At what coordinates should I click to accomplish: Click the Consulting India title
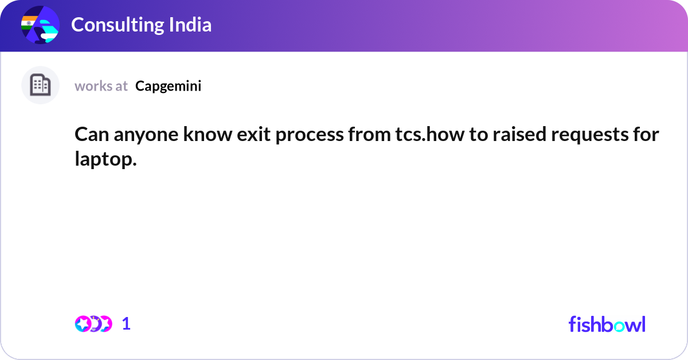pyautogui.click(x=141, y=25)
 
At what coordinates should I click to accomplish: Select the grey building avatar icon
pyautogui.click(x=40, y=85)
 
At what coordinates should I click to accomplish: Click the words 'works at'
pyautogui.click(x=101, y=86)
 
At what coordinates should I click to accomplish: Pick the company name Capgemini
pyautogui.click(x=168, y=86)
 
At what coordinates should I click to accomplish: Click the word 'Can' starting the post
pyautogui.click(x=89, y=135)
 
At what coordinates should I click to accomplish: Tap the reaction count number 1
pyautogui.click(x=126, y=324)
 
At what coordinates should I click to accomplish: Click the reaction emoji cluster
pyautogui.click(x=93, y=324)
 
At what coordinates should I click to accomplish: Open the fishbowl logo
pyautogui.click(x=607, y=324)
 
